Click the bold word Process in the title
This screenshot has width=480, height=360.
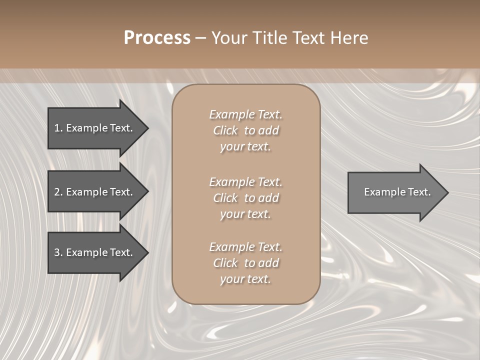(x=157, y=38)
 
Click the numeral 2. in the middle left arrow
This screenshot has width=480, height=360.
(x=58, y=192)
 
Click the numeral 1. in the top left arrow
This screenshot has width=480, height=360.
(x=58, y=128)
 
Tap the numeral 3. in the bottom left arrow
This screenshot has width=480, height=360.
(x=58, y=252)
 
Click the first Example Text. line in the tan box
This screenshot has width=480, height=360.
(x=245, y=114)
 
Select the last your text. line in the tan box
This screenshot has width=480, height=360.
(x=245, y=279)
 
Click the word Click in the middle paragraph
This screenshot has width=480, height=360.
(x=225, y=198)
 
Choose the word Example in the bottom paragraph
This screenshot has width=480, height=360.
(x=231, y=247)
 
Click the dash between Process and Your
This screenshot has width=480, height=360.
(x=201, y=38)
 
